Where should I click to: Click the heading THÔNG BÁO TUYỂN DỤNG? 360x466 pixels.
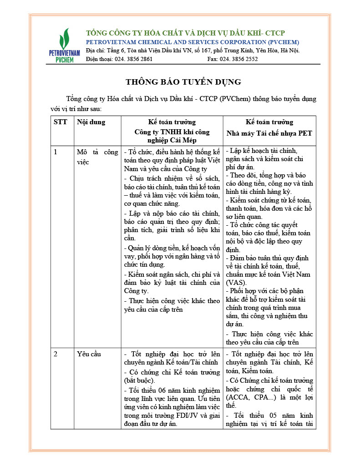coord(183,82)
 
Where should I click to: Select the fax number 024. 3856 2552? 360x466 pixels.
coord(238,59)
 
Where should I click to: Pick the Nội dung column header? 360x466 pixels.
coord(91,122)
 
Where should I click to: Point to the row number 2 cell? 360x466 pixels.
coord(56,354)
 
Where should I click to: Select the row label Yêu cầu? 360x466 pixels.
coord(89,354)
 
